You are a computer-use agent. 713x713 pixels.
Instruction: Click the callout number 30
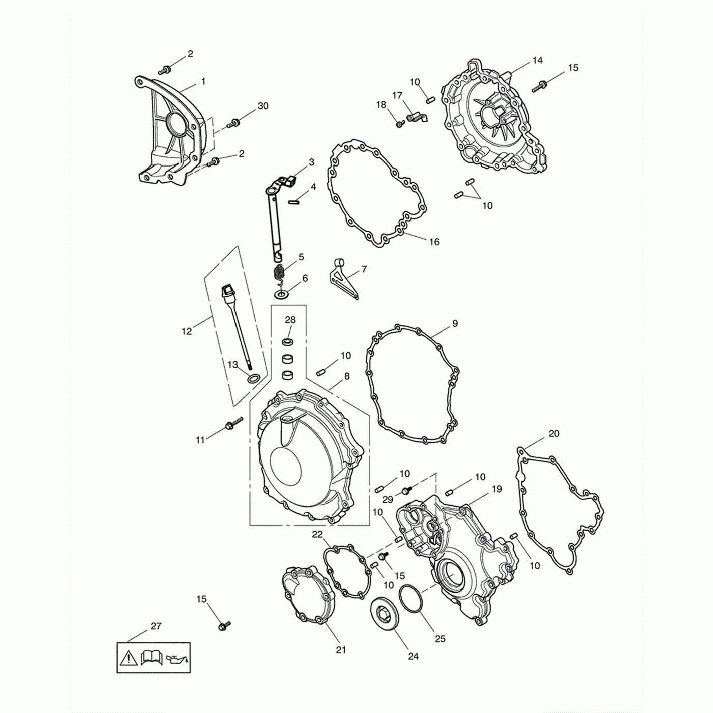[x=263, y=106]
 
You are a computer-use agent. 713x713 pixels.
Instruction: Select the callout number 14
[x=537, y=60]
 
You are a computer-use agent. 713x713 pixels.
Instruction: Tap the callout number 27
[x=156, y=626]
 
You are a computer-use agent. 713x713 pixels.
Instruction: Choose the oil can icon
[x=178, y=658]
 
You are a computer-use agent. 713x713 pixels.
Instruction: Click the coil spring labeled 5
[x=281, y=276]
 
